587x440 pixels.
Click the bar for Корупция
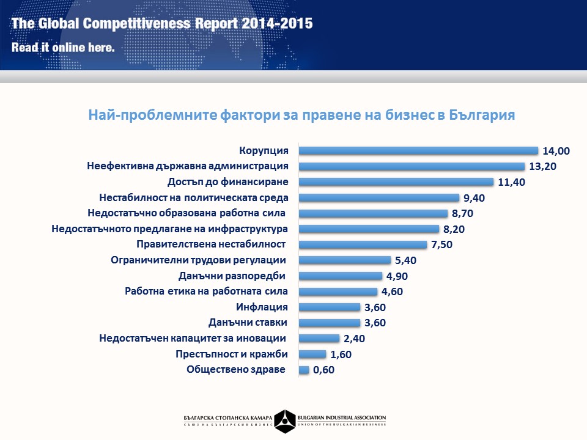418,150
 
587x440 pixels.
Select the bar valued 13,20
411,166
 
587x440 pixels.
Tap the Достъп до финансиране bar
396,182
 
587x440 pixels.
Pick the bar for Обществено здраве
304,370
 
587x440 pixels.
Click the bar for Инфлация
329,307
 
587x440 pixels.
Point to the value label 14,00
556,151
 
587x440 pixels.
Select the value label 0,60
324,370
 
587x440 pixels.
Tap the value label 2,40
354,339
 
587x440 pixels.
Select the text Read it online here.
64,47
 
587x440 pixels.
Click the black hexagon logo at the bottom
285,420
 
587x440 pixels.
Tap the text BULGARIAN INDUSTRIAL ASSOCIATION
342,417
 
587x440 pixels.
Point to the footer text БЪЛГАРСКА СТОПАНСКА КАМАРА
227,417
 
